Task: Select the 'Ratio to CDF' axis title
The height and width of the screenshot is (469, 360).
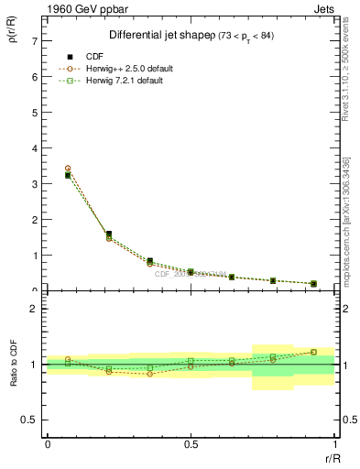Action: (13, 365)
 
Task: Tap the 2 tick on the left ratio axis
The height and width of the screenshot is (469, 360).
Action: (34, 309)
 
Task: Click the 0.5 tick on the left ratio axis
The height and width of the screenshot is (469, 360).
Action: (30, 420)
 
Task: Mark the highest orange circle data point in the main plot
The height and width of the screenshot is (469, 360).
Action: (68, 169)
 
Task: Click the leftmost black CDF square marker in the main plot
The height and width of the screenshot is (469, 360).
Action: (68, 175)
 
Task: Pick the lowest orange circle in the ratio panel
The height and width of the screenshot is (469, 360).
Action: (149, 374)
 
